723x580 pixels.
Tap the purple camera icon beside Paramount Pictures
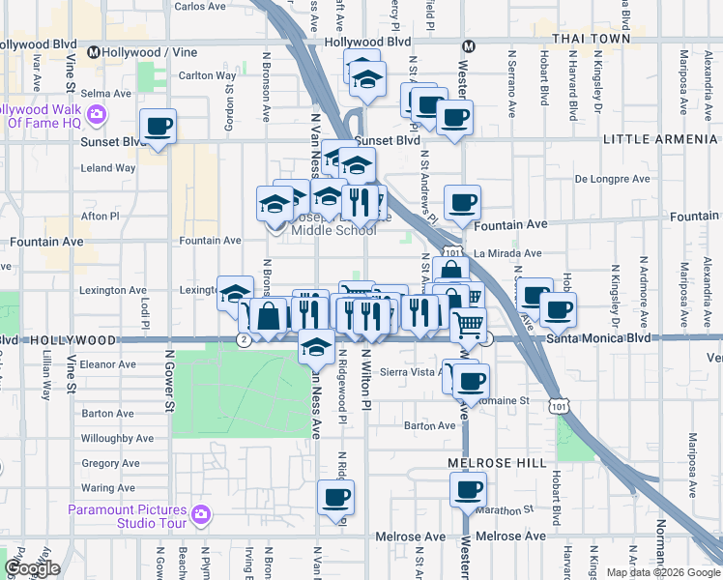point(201,512)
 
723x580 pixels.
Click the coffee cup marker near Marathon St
point(470,490)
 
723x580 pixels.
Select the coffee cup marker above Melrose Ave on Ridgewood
point(336,497)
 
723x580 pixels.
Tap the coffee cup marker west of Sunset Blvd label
point(158,126)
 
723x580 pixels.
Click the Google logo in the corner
point(33,568)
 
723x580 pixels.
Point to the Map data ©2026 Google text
point(663,572)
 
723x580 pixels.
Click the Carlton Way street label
point(208,75)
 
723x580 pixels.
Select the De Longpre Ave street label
point(608,179)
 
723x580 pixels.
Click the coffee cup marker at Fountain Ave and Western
point(463,201)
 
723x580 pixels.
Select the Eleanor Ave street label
point(108,364)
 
